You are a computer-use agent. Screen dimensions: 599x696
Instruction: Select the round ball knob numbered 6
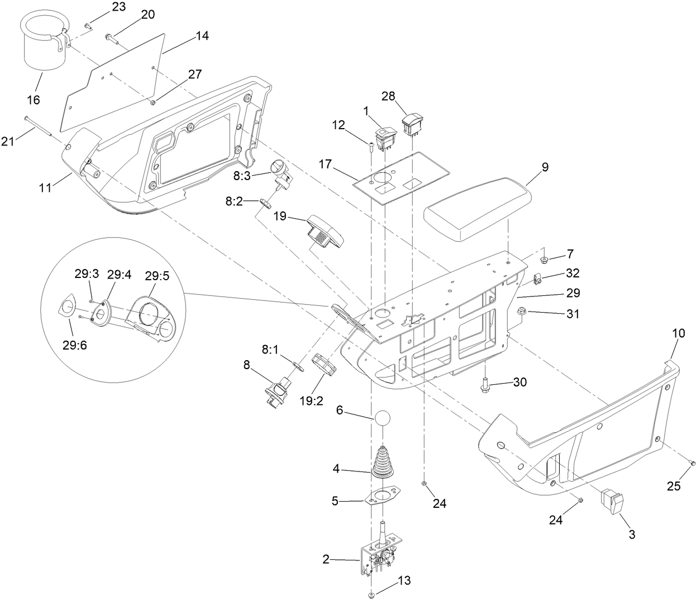pos(381,418)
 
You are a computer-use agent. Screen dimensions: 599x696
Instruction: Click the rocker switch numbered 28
pos(413,124)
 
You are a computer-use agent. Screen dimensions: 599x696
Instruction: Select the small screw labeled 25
pos(693,463)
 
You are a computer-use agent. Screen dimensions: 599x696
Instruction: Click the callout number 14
pos(202,36)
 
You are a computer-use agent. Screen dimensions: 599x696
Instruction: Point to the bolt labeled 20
pos(111,39)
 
